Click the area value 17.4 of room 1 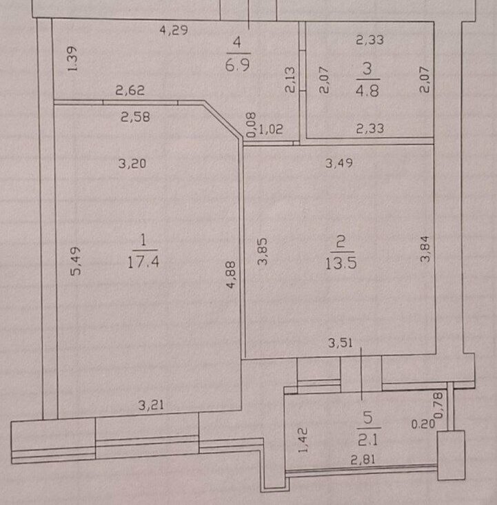(143, 262)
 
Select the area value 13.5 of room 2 (341, 263)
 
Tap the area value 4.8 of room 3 (367, 91)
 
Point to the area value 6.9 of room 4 (238, 65)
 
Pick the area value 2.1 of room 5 (368, 440)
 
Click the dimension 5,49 (76, 261)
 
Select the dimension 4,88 (232, 275)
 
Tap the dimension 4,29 (174, 30)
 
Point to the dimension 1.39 (73, 59)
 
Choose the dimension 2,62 (130, 90)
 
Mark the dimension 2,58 (135, 116)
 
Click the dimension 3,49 (339, 163)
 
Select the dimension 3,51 (341, 342)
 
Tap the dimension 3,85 (263, 251)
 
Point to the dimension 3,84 (425, 249)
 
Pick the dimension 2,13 (290, 80)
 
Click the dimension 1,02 (271, 130)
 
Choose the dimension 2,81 (363, 460)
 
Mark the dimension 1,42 (303, 440)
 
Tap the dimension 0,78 (439, 404)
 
